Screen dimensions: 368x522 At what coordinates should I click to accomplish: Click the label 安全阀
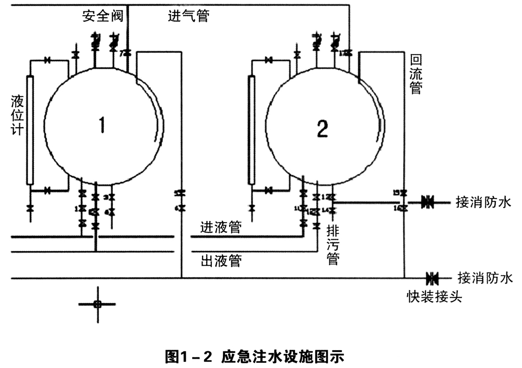(102, 16)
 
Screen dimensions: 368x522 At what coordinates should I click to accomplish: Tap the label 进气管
(188, 16)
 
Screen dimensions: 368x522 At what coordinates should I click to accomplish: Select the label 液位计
(17, 115)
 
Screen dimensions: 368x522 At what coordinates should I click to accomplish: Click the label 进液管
(221, 227)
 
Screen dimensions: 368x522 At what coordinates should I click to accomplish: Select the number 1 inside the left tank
(103, 126)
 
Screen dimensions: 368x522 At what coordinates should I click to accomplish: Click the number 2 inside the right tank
(323, 128)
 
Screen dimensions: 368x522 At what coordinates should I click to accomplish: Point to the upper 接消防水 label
(483, 202)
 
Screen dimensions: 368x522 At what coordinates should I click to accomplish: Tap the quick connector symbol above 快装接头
(431, 277)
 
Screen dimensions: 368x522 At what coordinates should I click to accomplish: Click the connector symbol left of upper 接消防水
(428, 202)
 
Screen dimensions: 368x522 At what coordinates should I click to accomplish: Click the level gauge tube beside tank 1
(29, 130)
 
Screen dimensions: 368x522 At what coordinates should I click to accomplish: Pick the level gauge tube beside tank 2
(251, 130)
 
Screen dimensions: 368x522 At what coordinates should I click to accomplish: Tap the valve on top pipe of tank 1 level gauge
(48, 60)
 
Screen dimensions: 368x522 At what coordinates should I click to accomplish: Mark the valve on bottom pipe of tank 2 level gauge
(269, 189)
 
